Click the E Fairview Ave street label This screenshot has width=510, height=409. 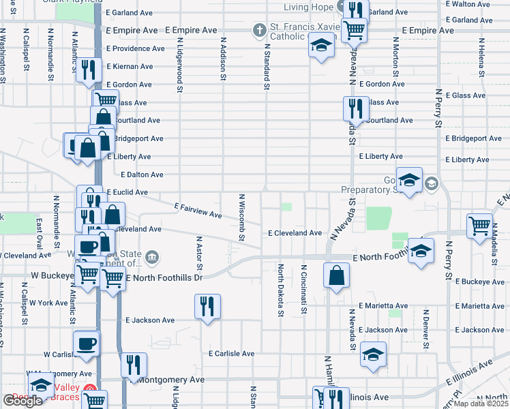pos(198,210)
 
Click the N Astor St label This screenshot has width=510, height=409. pos(200,253)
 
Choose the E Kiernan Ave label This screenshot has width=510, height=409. pos(130,67)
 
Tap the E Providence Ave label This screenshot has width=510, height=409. pos(135,49)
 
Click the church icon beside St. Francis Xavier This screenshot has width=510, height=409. pos(258,30)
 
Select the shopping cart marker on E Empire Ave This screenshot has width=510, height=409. pos(354,29)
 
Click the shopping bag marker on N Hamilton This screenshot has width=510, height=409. pos(337,276)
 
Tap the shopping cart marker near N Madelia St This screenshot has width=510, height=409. pos(480,225)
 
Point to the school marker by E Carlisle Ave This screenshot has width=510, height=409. pos(373,354)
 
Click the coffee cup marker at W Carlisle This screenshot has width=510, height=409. pos(86,343)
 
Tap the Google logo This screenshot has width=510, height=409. pos(22,401)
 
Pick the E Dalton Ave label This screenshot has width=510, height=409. pos(127,175)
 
